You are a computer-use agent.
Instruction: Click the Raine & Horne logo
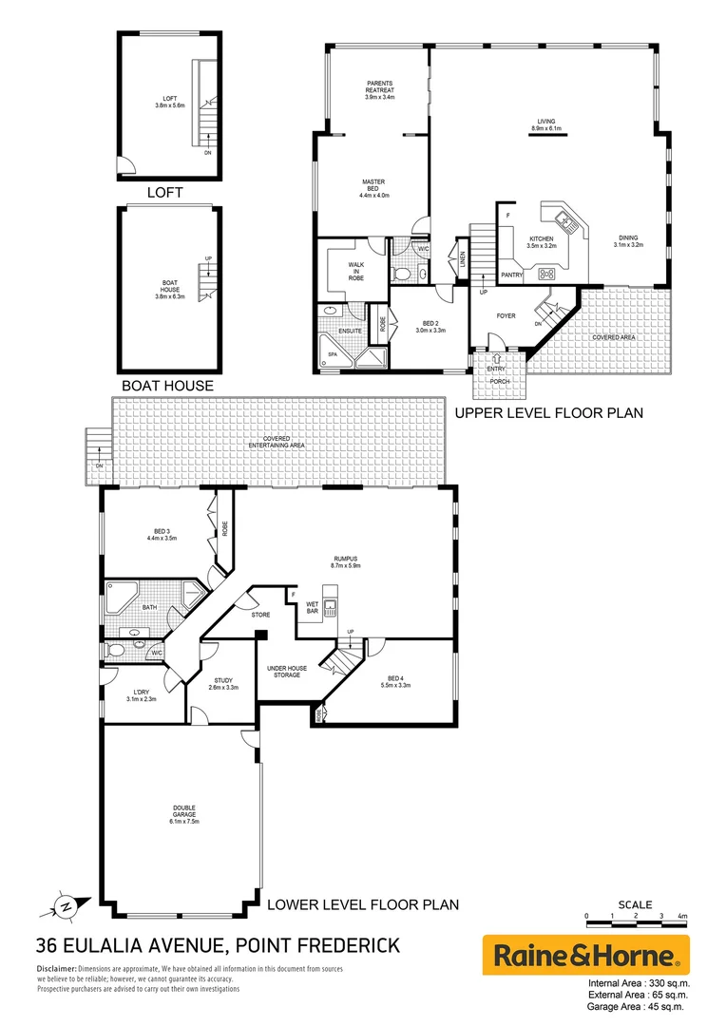pyautogui.click(x=586, y=954)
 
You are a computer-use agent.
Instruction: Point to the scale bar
pyautogui.click(x=635, y=917)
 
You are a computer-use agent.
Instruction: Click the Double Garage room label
pyautogui.click(x=184, y=813)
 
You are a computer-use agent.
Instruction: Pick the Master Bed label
pyautogui.click(x=373, y=187)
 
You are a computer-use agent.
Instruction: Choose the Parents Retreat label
pyautogui.click(x=380, y=90)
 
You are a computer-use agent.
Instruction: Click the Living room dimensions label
pyautogui.click(x=546, y=128)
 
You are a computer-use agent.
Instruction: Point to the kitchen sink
pyautogui.click(x=567, y=224)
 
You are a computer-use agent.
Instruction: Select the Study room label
pyautogui.click(x=223, y=683)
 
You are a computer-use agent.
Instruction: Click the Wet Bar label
pyautogui.click(x=312, y=608)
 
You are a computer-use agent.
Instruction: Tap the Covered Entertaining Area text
pyautogui.click(x=278, y=445)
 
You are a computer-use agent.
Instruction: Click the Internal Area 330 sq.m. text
pyautogui.click(x=639, y=983)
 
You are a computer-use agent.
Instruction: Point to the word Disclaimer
pyautogui.click(x=59, y=969)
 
